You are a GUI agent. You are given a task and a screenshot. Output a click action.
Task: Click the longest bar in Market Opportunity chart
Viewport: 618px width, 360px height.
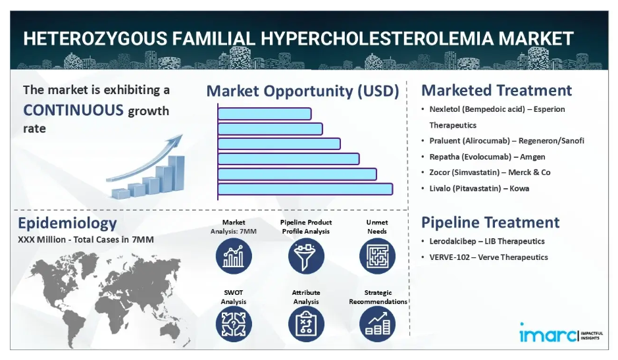pos(305,190)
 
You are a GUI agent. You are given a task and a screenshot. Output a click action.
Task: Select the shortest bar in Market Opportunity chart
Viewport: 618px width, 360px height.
pos(265,114)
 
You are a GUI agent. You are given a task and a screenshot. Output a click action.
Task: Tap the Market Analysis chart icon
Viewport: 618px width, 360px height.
pos(234,256)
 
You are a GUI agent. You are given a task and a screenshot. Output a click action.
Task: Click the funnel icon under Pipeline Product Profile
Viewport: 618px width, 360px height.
pos(306,256)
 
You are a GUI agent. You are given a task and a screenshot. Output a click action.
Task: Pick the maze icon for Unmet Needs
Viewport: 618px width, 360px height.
pos(377,256)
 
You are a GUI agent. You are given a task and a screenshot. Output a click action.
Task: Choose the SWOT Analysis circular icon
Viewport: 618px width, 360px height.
pos(234,324)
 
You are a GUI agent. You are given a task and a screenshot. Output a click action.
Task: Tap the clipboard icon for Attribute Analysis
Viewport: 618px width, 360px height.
pos(306,324)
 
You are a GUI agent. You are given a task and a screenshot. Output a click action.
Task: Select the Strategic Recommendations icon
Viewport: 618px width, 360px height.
pos(377,324)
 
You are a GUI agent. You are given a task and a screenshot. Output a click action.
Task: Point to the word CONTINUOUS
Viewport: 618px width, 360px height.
pos(73,110)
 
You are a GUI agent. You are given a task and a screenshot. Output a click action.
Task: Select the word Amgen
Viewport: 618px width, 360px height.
pos(532,157)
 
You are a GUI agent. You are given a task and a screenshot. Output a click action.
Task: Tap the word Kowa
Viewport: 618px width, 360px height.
pos(519,188)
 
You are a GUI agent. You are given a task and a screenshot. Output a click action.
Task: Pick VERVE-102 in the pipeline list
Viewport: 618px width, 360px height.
pos(450,257)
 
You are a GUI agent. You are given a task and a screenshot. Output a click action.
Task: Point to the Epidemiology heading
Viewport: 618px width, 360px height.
pos(67,224)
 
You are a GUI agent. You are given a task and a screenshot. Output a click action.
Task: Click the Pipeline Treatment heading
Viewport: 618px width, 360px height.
pos(490,222)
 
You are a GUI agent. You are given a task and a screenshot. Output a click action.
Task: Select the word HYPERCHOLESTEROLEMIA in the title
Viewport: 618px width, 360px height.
pos(377,39)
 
